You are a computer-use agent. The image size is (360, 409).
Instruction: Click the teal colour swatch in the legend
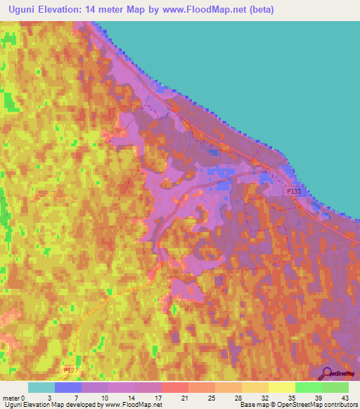pyautogui.click(x=41, y=387)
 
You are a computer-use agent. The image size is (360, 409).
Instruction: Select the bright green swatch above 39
pyautogui.click(x=308, y=387)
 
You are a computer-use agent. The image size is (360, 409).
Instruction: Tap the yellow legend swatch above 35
pyautogui.click(x=281, y=387)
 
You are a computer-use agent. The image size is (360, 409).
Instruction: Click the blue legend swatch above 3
pyautogui.click(x=68, y=387)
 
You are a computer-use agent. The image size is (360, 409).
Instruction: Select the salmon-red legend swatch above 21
pyautogui.click(x=174, y=387)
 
